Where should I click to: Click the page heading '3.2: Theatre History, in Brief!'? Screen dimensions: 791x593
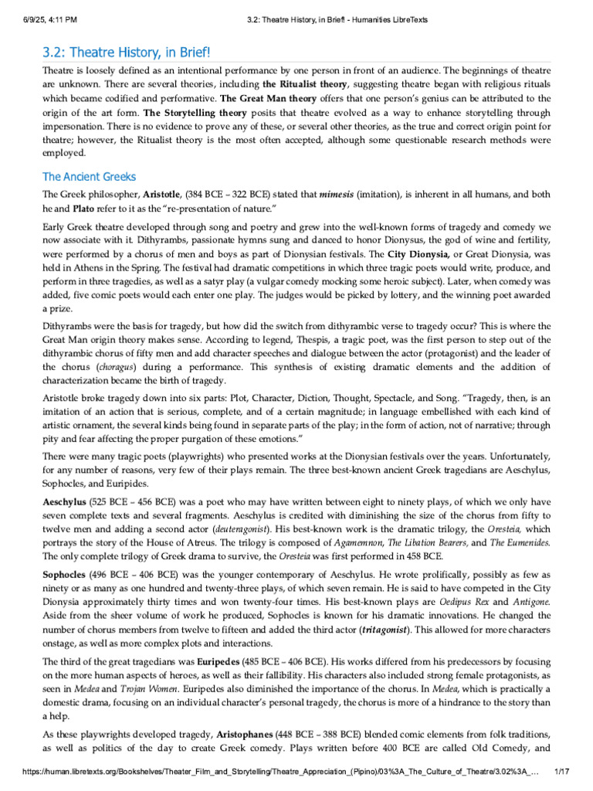(125, 52)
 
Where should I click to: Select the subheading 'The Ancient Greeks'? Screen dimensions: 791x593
(89, 177)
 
